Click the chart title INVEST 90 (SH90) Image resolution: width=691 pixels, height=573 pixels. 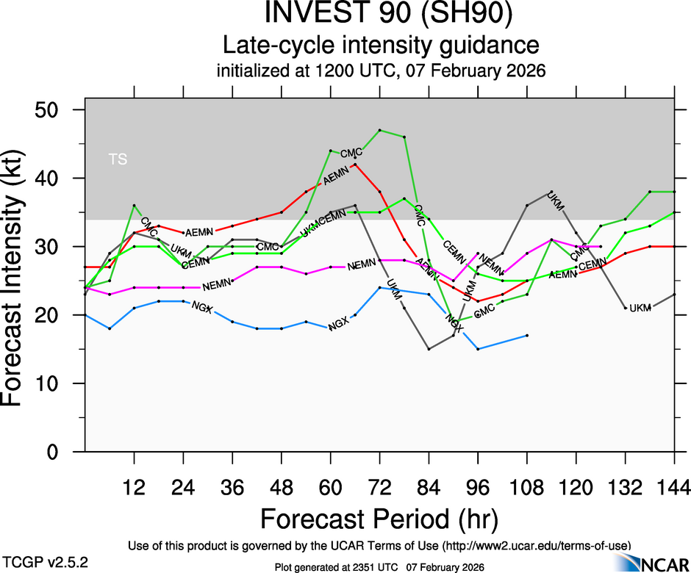click(x=380, y=15)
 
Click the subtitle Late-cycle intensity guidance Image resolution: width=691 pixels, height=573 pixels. click(x=380, y=46)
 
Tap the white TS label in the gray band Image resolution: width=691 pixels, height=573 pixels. click(x=118, y=159)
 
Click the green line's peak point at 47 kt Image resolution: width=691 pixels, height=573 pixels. click(x=379, y=130)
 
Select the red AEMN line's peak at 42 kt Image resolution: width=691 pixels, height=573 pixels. click(x=355, y=165)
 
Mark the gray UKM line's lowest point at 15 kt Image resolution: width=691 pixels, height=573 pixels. click(x=429, y=349)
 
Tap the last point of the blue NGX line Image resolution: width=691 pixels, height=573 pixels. click(x=527, y=335)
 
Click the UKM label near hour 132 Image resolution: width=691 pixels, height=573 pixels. click(x=640, y=308)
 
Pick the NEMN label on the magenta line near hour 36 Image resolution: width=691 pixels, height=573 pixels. click(x=217, y=284)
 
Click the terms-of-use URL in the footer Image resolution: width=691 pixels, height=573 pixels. click(x=536, y=545)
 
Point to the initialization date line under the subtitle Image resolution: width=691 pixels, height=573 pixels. click(x=380, y=72)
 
